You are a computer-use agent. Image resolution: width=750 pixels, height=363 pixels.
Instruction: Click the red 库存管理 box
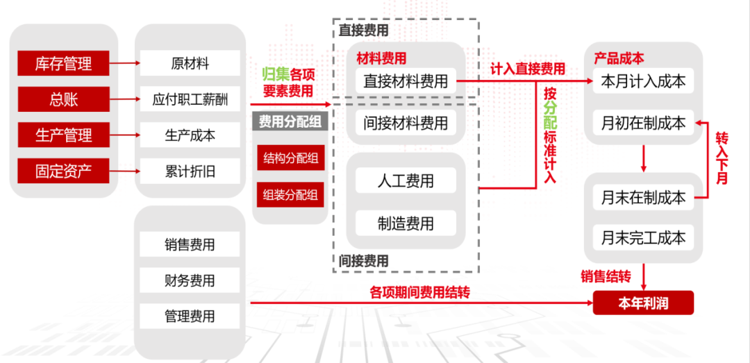(x=63, y=64)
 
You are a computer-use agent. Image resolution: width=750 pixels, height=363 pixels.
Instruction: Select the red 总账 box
(x=63, y=99)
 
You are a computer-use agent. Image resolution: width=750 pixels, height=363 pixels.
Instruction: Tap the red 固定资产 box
(x=63, y=171)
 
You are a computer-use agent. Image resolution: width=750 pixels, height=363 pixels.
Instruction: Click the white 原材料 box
(x=190, y=64)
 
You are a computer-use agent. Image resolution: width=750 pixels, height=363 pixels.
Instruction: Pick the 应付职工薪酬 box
(x=190, y=99)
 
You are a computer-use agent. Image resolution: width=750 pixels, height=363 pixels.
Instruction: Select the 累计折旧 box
(x=190, y=171)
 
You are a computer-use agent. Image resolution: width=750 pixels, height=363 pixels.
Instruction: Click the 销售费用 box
(x=190, y=244)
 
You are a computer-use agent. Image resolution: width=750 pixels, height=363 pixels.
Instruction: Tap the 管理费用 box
(x=190, y=316)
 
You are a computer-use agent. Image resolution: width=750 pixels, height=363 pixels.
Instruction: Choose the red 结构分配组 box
(x=290, y=158)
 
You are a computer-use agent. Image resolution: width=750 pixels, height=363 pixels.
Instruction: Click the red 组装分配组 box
(x=290, y=194)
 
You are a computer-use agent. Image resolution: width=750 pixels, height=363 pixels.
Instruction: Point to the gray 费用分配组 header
(x=290, y=121)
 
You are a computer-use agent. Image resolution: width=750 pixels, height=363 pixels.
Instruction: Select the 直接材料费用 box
(x=406, y=81)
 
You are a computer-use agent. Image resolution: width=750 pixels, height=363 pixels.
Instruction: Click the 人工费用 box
(x=406, y=181)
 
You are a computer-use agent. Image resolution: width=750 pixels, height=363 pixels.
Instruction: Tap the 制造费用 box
(x=406, y=223)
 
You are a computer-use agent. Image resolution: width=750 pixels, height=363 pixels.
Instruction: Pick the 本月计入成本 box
(x=643, y=81)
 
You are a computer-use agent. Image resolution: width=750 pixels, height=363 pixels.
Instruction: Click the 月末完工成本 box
(x=643, y=238)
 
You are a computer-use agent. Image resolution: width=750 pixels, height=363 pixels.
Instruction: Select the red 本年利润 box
(x=643, y=303)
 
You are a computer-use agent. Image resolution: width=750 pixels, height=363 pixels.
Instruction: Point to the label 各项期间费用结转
(x=419, y=293)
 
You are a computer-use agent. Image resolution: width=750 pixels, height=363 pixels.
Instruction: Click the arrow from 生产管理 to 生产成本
(x=125, y=135)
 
